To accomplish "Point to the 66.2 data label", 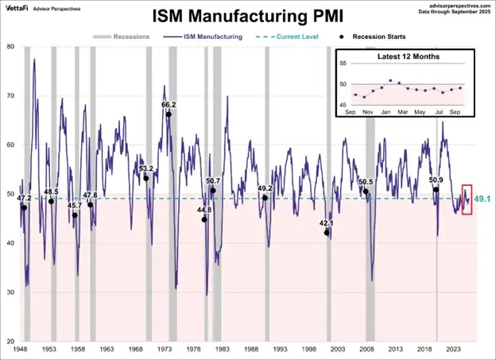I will click(x=169, y=104).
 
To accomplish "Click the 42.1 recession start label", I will click(x=327, y=223).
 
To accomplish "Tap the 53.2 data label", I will click(x=146, y=168).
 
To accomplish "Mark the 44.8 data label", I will click(x=204, y=210).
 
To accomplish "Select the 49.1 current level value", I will click(x=482, y=199).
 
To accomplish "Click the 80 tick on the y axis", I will click(x=10, y=46).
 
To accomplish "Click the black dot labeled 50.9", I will click(x=436, y=190).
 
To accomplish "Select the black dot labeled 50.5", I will click(x=366, y=192).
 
